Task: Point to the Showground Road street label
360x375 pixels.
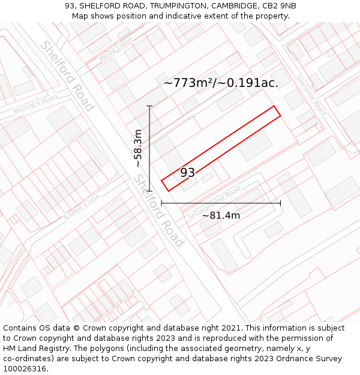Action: (214, 203)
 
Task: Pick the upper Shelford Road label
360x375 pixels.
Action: (67, 76)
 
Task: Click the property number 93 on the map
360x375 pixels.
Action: (187, 173)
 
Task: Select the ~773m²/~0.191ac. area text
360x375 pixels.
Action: (221, 83)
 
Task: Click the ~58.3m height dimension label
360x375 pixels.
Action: (138, 148)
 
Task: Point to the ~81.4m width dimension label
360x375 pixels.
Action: (221, 215)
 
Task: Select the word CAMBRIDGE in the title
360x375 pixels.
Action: (235, 6)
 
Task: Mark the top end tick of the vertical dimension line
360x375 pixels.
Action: (149, 106)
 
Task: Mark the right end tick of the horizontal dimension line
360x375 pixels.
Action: (280, 203)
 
